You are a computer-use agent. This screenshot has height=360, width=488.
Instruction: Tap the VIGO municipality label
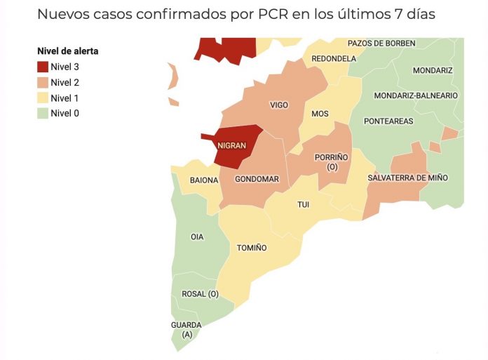(x=279, y=105)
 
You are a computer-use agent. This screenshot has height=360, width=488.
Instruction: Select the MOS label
(x=320, y=114)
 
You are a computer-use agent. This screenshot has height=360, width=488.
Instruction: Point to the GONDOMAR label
(x=257, y=179)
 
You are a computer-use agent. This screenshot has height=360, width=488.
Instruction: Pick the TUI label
(x=304, y=204)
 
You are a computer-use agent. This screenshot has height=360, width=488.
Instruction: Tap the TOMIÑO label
(x=252, y=248)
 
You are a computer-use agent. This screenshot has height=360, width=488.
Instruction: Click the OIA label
(x=197, y=236)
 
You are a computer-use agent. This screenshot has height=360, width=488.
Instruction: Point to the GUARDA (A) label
(x=186, y=329)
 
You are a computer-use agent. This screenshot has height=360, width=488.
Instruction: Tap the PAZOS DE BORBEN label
(x=381, y=44)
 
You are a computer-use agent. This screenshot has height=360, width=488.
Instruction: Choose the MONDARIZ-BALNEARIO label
(x=416, y=95)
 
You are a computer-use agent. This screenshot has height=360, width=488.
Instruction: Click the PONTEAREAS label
(x=388, y=121)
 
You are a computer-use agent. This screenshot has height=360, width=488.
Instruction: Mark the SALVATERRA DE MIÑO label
(x=407, y=178)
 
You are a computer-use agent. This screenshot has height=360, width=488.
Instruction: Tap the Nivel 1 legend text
(x=65, y=98)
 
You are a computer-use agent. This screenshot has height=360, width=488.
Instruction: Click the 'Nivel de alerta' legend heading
(x=67, y=51)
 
